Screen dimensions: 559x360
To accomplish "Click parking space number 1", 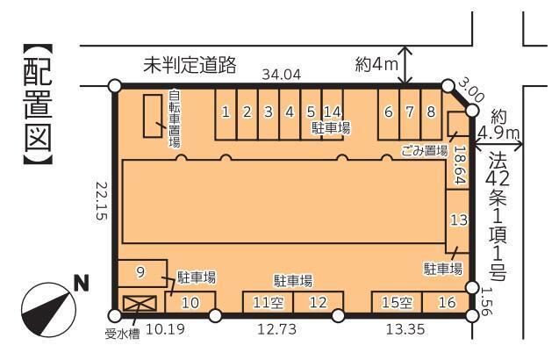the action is [x=226, y=113].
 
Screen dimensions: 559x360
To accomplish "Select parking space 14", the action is [x=333, y=113].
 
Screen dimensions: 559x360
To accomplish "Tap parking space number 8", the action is [x=432, y=113].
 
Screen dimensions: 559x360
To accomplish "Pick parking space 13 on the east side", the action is [x=457, y=221].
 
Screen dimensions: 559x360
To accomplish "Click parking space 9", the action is [x=142, y=273].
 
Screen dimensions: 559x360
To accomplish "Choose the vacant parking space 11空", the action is [x=269, y=303].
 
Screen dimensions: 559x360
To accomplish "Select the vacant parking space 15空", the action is [x=398, y=303].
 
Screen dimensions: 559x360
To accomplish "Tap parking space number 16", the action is [x=446, y=303].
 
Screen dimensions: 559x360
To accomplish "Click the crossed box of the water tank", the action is [x=140, y=304].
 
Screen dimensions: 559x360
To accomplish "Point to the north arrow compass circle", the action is [x=49, y=310].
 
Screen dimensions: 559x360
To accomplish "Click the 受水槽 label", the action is [x=122, y=335].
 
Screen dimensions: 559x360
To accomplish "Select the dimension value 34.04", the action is [x=282, y=75].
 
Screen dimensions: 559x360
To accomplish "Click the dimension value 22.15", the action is [x=101, y=201].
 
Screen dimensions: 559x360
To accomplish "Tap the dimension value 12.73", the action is [x=276, y=329].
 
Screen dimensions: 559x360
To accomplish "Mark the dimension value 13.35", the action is [x=405, y=329].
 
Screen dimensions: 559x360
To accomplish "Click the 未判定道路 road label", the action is [x=190, y=65].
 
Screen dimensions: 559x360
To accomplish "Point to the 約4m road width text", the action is [x=376, y=65].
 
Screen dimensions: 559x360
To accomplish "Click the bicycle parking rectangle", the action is [x=153, y=116].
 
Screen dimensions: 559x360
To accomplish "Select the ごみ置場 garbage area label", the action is [x=424, y=150].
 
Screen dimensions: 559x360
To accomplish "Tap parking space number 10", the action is [x=190, y=303].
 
